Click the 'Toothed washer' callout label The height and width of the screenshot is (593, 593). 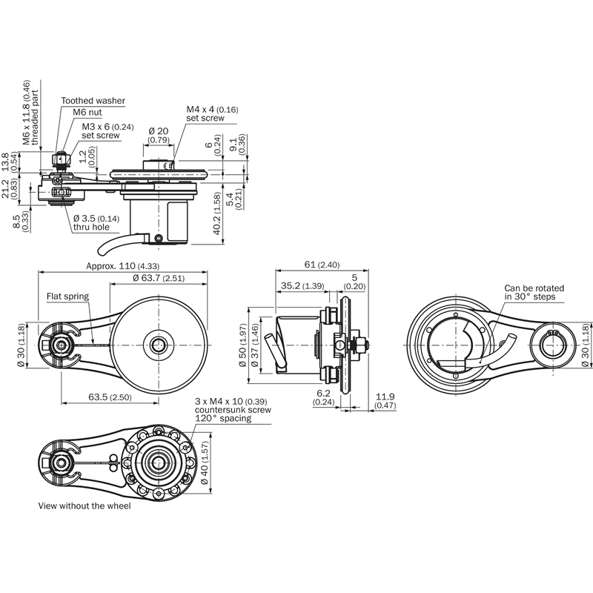pos(93,100)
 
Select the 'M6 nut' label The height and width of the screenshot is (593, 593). pos(87,112)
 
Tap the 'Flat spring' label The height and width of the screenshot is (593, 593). pos(67,296)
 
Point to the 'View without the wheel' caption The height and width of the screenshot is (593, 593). pos(84,506)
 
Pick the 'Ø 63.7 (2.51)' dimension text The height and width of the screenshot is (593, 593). pos(159,278)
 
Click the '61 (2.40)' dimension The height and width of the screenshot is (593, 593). pos(321,265)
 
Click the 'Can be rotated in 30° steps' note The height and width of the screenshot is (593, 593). pos(534,292)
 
